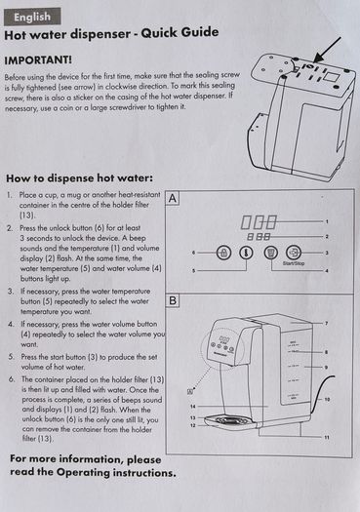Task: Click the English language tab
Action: [x=32, y=17]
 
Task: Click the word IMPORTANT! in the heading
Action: [x=38, y=60]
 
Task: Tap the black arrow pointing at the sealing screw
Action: [x=327, y=50]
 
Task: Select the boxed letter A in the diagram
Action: [x=173, y=198]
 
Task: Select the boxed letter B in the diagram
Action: [x=173, y=300]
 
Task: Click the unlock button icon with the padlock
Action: [x=223, y=253]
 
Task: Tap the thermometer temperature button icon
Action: [x=246, y=253]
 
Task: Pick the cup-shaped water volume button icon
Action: [x=271, y=253]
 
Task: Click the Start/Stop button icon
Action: [x=294, y=253]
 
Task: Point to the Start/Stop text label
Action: [x=293, y=263]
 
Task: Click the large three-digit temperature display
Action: [x=259, y=222]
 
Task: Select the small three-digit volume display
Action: [x=259, y=236]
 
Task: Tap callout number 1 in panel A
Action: [x=327, y=221]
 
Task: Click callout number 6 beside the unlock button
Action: [x=194, y=253]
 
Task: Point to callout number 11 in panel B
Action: [x=327, y=437]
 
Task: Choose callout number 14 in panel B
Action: [x=193, y=407]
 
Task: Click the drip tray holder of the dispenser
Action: [x=229, y=421]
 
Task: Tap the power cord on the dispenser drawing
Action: [x=322, y=393]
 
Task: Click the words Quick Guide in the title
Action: [x=180, y=32]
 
